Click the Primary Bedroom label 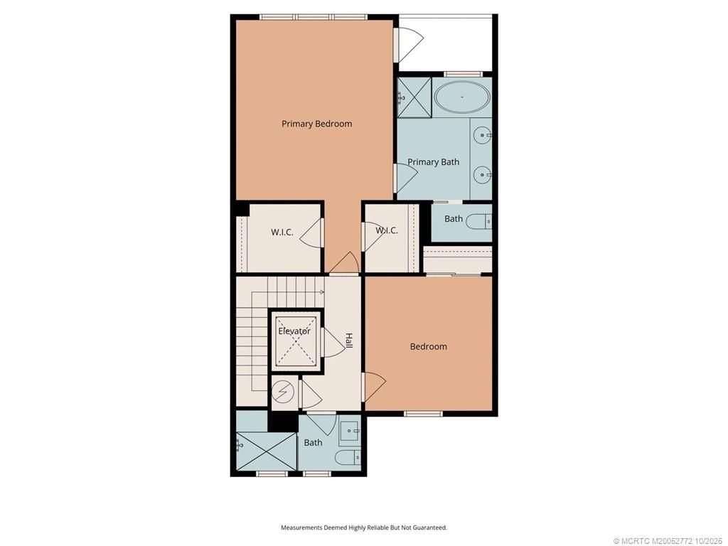(316, 124)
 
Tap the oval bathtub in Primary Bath (462, 97)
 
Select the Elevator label (294, 331)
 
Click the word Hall (348, 341)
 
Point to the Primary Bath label (433, 162)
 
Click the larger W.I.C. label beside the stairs (282, 232)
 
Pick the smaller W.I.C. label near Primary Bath (386, 230)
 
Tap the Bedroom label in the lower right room (429, 347)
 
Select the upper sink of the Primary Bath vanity (483, 134)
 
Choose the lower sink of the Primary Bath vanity (483, 173)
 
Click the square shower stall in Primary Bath (414, 97)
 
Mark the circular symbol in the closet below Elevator (282, 391)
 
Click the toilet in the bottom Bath (347, 456)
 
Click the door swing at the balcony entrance (408, 44)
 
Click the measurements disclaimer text (363, 528)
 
